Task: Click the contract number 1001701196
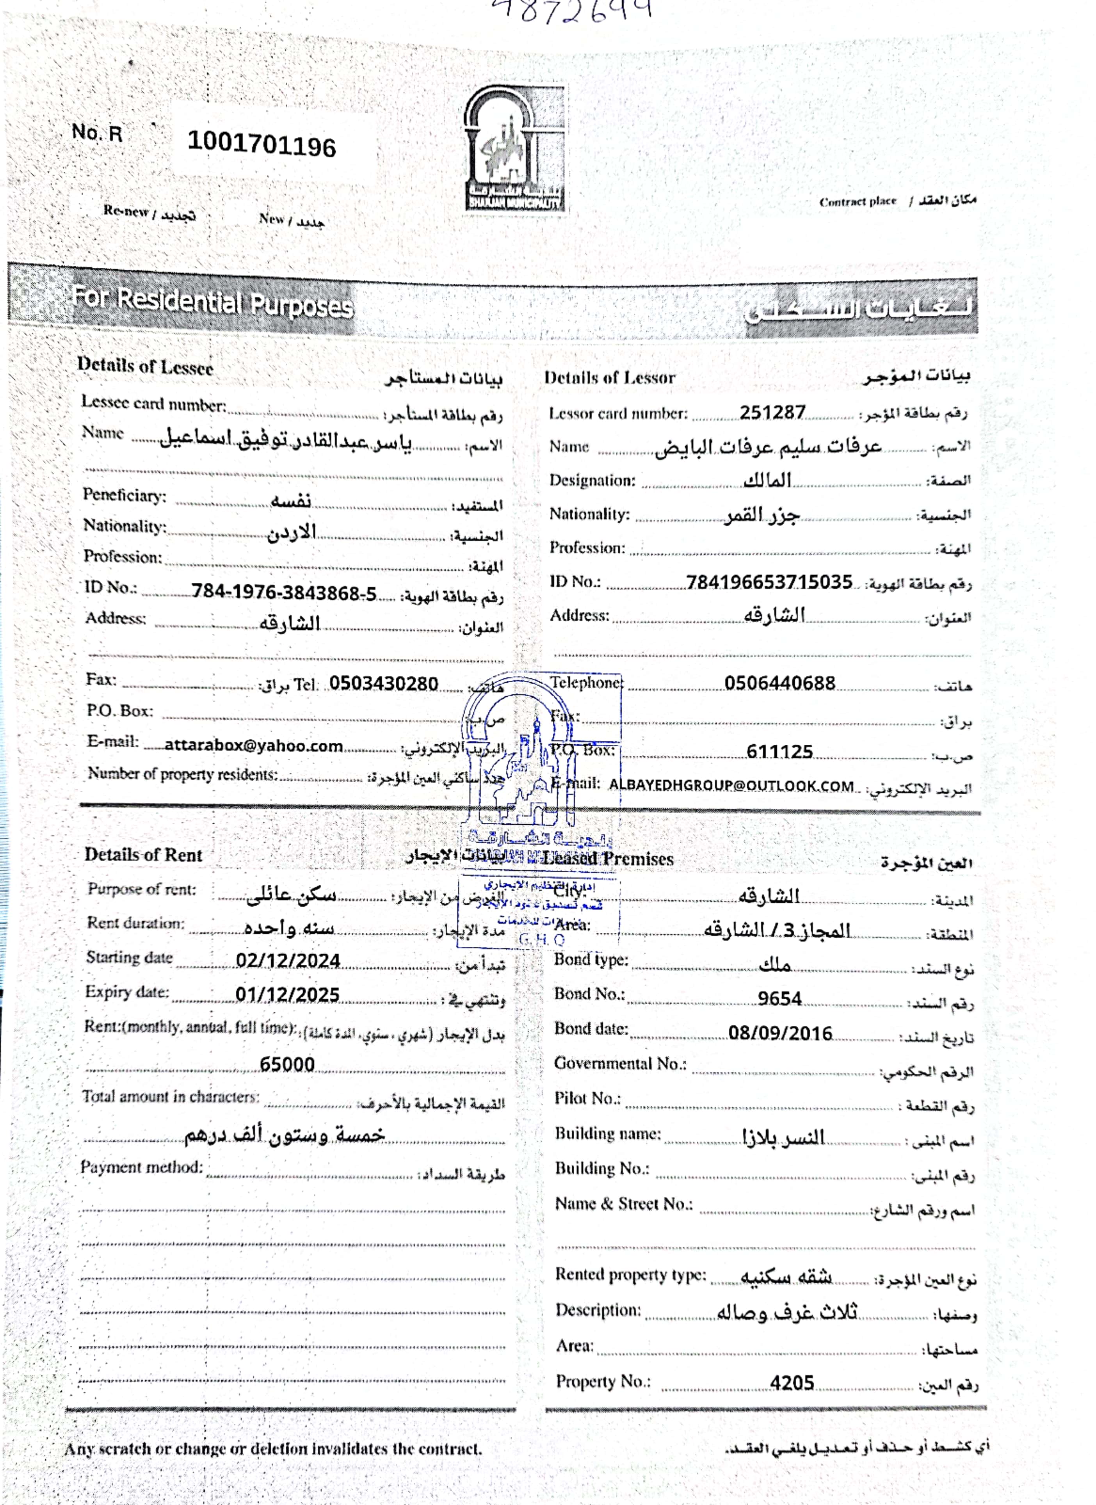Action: [262, 144]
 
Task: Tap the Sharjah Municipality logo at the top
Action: [514, 149]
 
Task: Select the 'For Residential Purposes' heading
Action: [212, 302]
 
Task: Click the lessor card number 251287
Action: [772, 413]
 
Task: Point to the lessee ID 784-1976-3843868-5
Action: [284, 592]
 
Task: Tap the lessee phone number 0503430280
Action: [383, 683]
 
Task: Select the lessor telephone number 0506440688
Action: [779, 683]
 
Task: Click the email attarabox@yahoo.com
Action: [253, 745]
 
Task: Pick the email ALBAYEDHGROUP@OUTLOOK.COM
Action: [731, 786]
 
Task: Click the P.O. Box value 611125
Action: [779, 751]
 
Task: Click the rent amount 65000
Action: [286, 1064]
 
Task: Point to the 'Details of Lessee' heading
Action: [145, 366]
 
